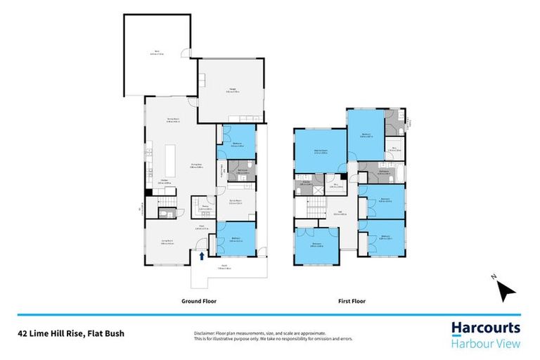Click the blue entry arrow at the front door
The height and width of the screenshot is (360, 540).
[x=202, y=257]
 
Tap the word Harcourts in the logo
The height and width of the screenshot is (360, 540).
[x=485, y=328]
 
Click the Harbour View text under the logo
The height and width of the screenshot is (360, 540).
[x=485, y=343]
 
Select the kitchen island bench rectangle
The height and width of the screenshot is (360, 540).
[x=170, y=165]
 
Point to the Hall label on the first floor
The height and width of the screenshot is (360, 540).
[x=338, y=213]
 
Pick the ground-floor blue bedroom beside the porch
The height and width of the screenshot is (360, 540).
[x=233, y=239]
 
